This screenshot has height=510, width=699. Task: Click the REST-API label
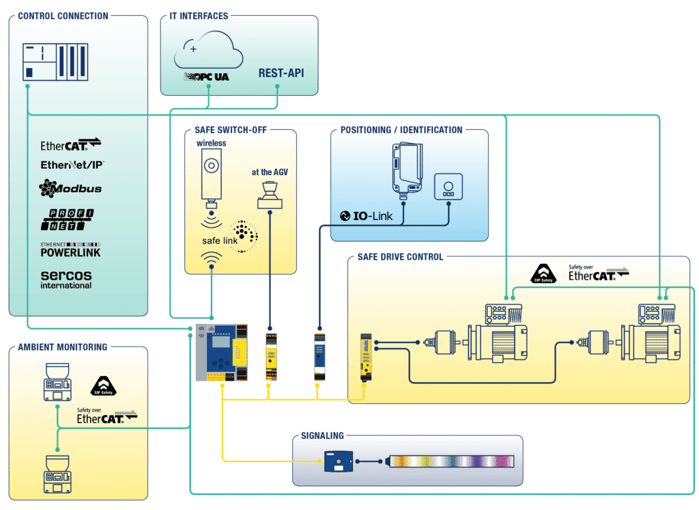pos(281,73)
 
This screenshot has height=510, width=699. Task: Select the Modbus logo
pos(70,187)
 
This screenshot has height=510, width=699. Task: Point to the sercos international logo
pos(66,278)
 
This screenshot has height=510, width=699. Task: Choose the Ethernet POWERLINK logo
pos(70,249)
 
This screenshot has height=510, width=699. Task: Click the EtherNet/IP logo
pos(72,165)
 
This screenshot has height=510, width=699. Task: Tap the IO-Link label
pos(367,217)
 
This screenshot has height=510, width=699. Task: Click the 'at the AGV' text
pos(269,172)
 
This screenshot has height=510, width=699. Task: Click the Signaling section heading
pos(322,435)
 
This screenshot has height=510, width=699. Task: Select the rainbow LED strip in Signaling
pos(451,461)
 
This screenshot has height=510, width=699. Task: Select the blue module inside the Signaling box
pos(337,463)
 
